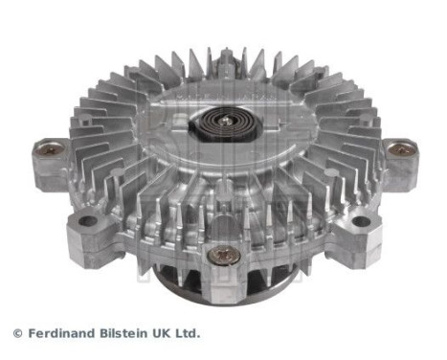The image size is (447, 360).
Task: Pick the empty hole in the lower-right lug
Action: (360, 222)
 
